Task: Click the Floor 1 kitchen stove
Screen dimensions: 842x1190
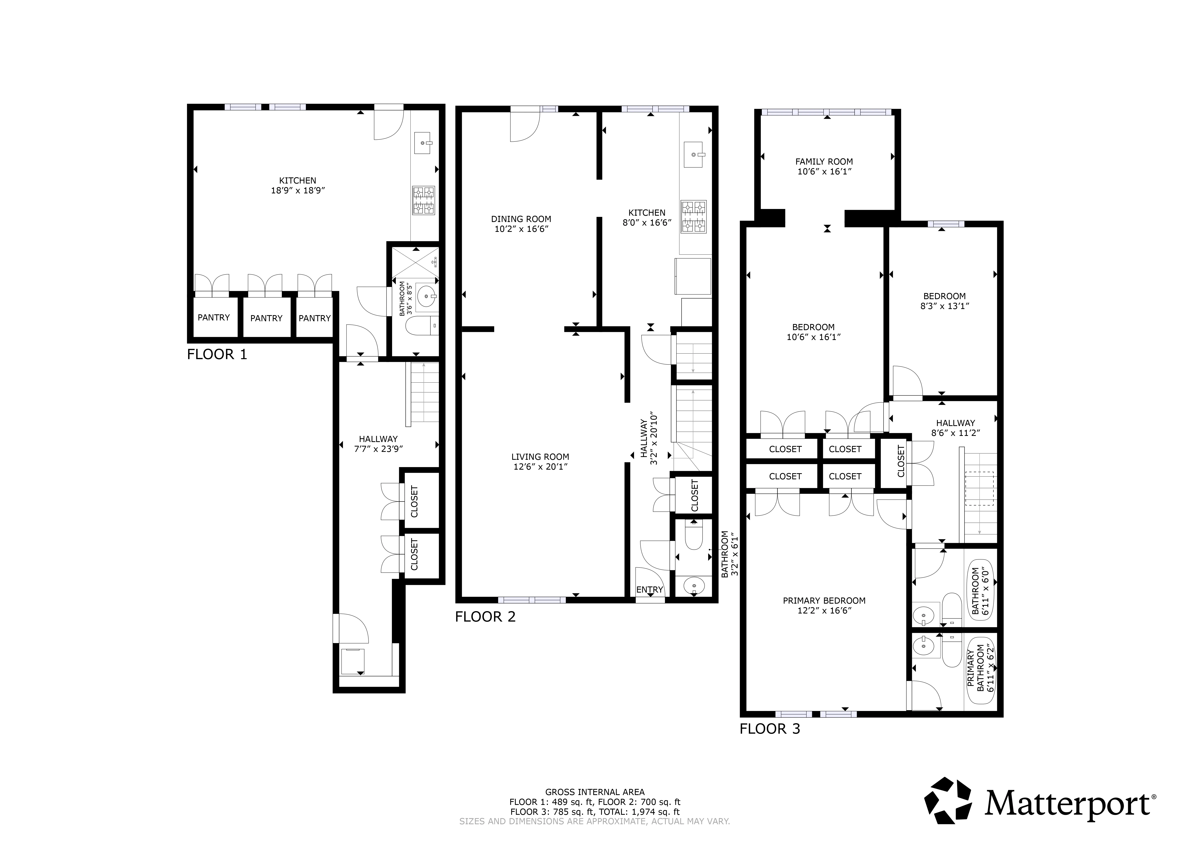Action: click(423, 200)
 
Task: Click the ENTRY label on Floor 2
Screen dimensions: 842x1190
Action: click(649, 589)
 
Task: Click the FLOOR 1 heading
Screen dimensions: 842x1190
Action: click(217, 355)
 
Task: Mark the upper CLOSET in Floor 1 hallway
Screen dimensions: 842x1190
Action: click(415, 501)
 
